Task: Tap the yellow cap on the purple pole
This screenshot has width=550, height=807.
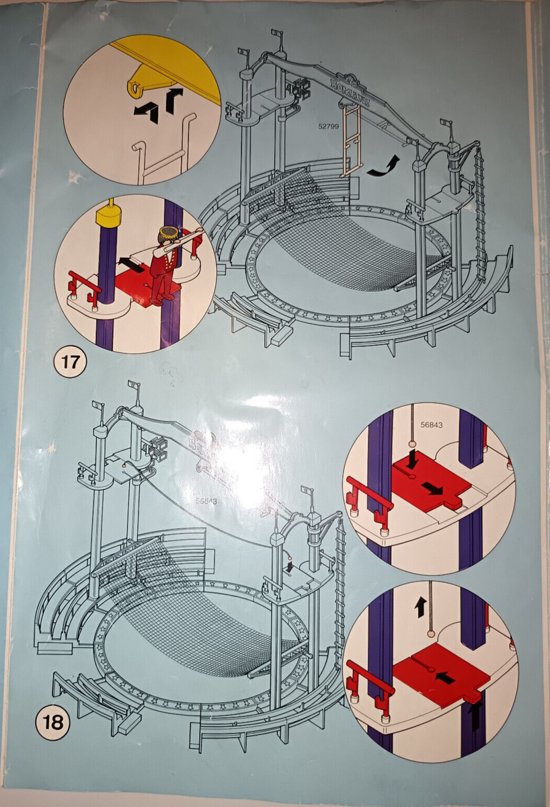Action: (x=108, y=217)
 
